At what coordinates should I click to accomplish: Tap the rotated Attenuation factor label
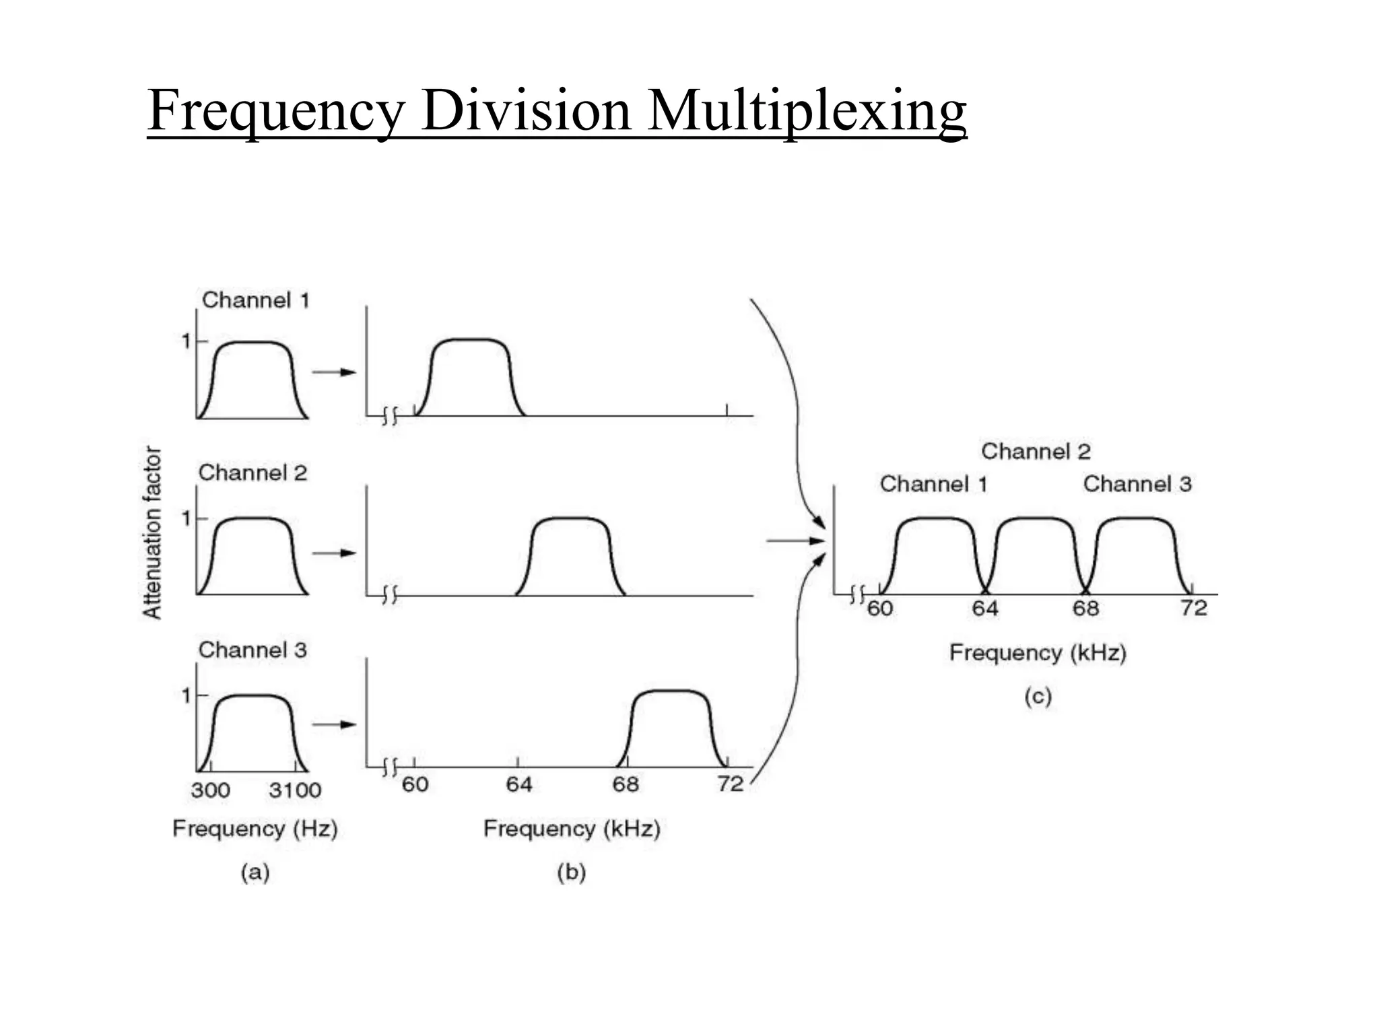point(153,532)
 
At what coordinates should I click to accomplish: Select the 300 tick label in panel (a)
point(210,790)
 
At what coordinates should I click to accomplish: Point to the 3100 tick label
point(295,790)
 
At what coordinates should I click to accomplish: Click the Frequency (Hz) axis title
point(255,828)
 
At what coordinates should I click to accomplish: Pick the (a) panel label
point(255,872)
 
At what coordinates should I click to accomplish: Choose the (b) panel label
point(571,872)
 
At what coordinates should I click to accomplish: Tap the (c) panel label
point(1038,696)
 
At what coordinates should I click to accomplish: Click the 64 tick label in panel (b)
point(518,784)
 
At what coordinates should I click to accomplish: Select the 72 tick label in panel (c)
point(1194,609)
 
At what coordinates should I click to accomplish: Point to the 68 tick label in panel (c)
point(1085,609)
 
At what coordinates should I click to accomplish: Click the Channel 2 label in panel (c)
point(1036,451)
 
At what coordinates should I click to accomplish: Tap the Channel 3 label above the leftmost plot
point(253,650)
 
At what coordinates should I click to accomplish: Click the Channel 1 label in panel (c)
point(933,484)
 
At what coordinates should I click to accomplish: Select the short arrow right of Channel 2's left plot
point(334,553)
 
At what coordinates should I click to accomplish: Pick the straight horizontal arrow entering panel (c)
point(795,541)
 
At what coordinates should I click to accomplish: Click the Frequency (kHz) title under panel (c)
point(1038,652)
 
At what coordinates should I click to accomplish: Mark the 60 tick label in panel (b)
point(415,784)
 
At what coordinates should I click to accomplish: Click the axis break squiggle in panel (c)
point(857,594)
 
